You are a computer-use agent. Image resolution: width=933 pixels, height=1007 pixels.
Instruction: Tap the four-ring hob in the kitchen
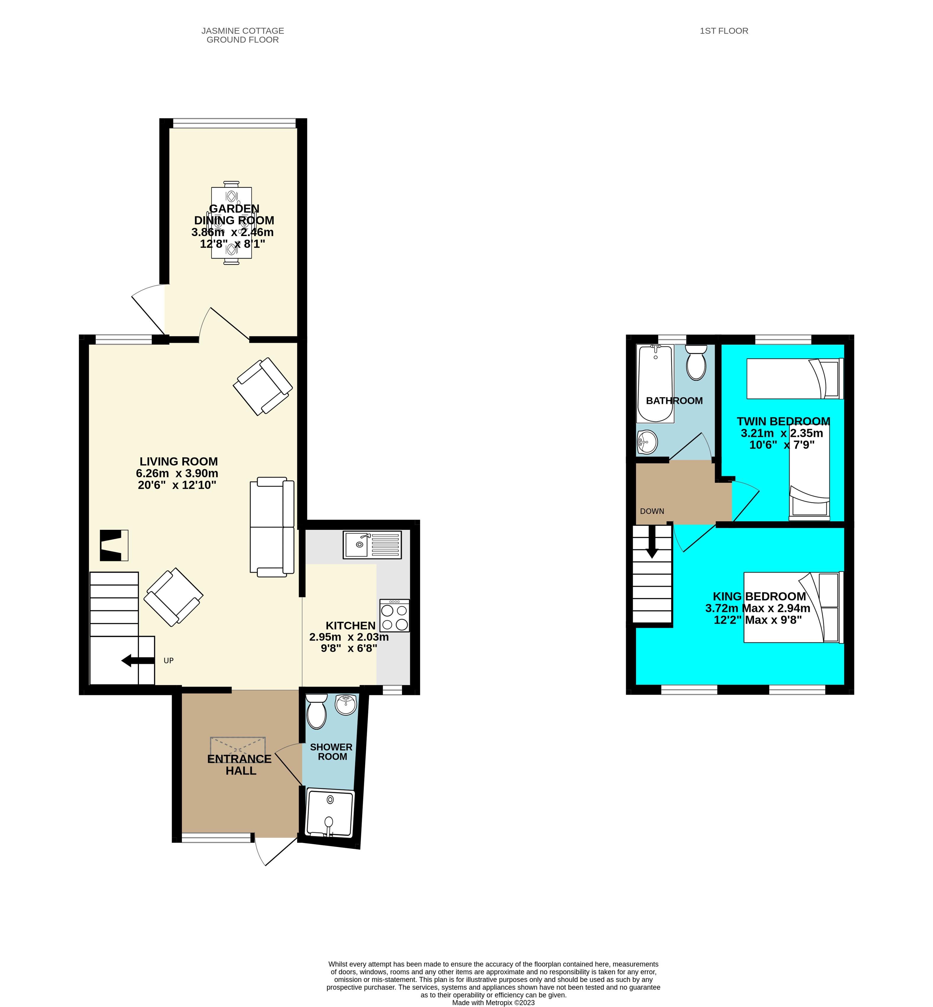click(x=394, y=616)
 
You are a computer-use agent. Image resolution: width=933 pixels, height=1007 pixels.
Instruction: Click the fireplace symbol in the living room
click(x=114, y=545)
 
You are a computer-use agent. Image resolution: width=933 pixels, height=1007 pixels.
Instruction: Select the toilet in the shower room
click(x=317, y=712)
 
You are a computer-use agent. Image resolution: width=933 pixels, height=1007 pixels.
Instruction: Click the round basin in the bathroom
click(x=647, y=443)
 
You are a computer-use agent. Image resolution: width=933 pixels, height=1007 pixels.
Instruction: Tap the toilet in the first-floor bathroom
click(x=696, y=362)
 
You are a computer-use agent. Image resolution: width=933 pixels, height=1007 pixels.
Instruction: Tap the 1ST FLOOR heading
click(x=724, y=31)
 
